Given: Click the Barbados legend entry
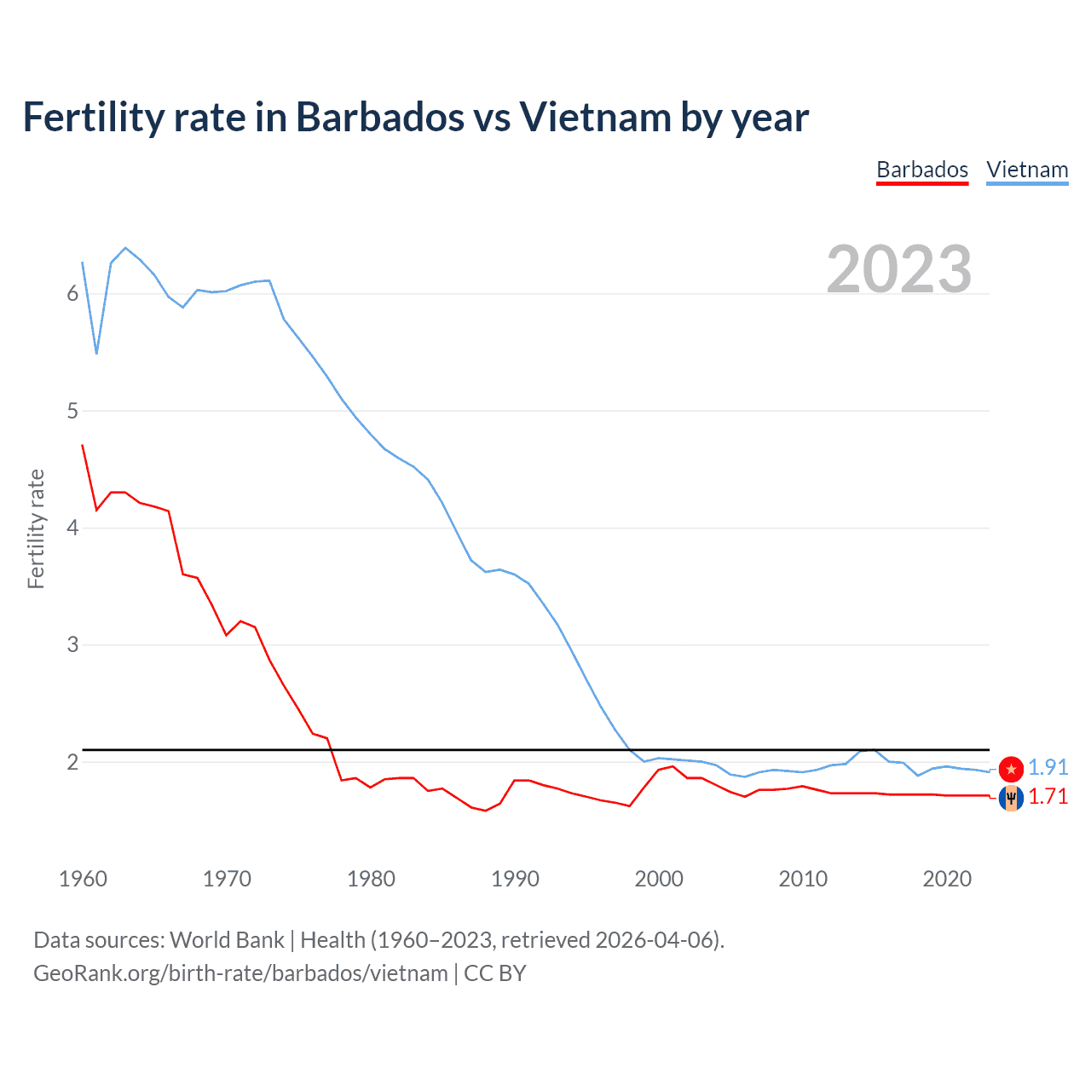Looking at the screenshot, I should tap(922, 170).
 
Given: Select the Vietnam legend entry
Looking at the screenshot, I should tap(1027, 170).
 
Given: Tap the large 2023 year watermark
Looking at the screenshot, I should tap(899, 269).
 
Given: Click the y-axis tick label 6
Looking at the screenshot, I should tap(72, 294).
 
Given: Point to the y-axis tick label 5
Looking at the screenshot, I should tap(72, 411).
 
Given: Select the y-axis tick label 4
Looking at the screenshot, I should tap(72, 528).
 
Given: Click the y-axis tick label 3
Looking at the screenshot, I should tap(72, 644).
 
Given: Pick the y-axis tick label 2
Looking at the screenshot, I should tap(72, 762).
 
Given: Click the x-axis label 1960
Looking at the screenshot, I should tap(83, 879).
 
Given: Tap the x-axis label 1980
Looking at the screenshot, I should tap(371, 879).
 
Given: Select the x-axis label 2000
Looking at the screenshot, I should tap(659, 879).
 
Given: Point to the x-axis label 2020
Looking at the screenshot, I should tap(947, 879).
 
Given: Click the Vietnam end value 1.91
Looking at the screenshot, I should tap(1048, 767).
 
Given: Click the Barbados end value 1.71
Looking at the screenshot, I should tap(1048, 797).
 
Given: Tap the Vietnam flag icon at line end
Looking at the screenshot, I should tap(1011, 769).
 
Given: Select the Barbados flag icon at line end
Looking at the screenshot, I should tap(1011, 798).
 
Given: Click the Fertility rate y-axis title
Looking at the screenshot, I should tap(36, 528).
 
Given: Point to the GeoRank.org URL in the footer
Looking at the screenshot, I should tap(240, 973).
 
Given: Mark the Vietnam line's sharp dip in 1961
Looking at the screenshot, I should tap(97, 353).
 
